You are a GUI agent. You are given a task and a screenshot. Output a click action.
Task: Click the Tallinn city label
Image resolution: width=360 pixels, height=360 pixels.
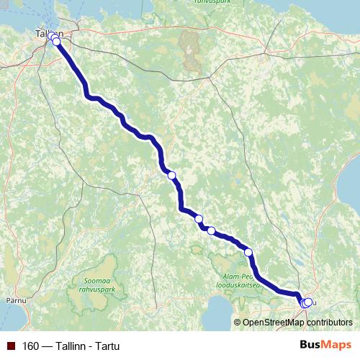pos(45,33)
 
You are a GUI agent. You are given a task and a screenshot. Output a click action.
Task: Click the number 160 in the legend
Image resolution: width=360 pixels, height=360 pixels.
pos(30,346)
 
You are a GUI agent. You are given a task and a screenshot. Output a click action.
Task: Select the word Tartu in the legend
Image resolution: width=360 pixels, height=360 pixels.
pos(105,346)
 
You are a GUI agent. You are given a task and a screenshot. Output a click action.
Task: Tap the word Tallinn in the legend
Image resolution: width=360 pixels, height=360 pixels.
pos(70,346)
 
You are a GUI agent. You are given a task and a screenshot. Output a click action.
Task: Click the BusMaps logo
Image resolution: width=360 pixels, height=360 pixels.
pos(325,346)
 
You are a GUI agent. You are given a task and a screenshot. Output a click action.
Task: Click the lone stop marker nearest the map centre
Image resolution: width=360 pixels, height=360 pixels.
pos(171,175)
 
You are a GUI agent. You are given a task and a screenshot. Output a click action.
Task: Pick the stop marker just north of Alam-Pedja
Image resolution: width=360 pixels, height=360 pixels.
pos(248,252)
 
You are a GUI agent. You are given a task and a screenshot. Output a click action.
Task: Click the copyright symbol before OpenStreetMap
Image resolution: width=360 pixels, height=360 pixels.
pos(238,323)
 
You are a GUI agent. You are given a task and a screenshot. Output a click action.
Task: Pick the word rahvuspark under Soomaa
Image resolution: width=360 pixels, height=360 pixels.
pos(96,289)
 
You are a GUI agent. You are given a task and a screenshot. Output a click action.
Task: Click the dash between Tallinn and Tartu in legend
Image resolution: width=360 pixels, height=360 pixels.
pos(47,346)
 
